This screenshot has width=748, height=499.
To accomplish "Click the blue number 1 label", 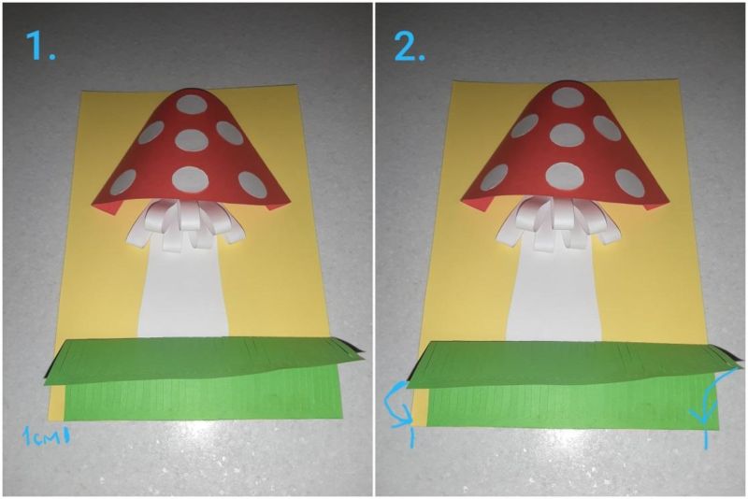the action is click(x=40, y=45).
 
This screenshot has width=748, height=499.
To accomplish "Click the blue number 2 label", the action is click(x=409, y=46).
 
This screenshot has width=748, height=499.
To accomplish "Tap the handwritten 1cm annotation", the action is click(x=46, y=435).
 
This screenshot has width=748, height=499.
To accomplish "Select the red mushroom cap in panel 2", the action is click(x=563, y=148).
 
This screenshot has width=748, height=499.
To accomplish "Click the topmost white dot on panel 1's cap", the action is click(x=191, y=106).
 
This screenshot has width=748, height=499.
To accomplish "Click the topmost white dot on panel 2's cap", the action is click(x=567, y=98).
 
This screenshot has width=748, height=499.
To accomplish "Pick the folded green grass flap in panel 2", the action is click(x=572, y=364).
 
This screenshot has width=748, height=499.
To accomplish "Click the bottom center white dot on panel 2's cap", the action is click(x=566, y=175).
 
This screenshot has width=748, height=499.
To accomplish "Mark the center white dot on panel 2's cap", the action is click(x=567, y=134).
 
